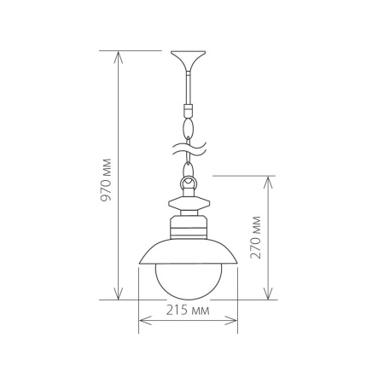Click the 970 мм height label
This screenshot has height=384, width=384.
click(x=107, y=179)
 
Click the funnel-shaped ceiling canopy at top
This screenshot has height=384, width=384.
click(x=189, y=61)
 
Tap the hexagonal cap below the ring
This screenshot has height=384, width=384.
click(x=189, y=204)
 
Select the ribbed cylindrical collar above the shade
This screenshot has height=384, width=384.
click(x=189, y=227)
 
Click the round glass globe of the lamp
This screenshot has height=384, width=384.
click(x=189, y=278)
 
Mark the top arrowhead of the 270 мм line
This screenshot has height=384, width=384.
click(x=269, y=180)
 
